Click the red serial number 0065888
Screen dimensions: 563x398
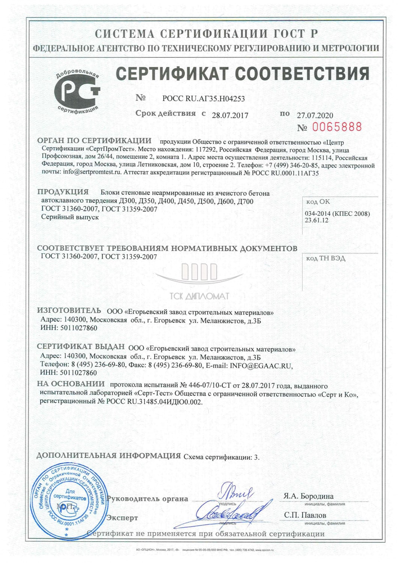click(337, 127)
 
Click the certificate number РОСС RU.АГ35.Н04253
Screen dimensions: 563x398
click(204, 99)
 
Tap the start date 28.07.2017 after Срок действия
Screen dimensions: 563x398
click(230, 115)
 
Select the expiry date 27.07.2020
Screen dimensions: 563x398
click(315, 115)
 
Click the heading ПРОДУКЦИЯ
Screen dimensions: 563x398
click(63, 192)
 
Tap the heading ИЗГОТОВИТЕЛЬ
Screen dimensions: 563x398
click(69, 310)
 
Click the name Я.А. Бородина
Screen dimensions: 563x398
click(308, 496)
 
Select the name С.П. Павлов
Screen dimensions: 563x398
click(305, 515)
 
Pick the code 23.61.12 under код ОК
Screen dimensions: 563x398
click(317, 220)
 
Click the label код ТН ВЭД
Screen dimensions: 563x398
click(326, 258)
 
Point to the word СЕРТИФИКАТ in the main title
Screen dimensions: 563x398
click(172, 73)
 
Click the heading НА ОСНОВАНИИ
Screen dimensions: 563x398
click(71, 384)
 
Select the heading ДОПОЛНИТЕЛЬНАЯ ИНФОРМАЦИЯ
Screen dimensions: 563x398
click(109, 456)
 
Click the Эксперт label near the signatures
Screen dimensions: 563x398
click(122, 518)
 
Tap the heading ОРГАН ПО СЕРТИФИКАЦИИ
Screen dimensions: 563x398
click(94, 141)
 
